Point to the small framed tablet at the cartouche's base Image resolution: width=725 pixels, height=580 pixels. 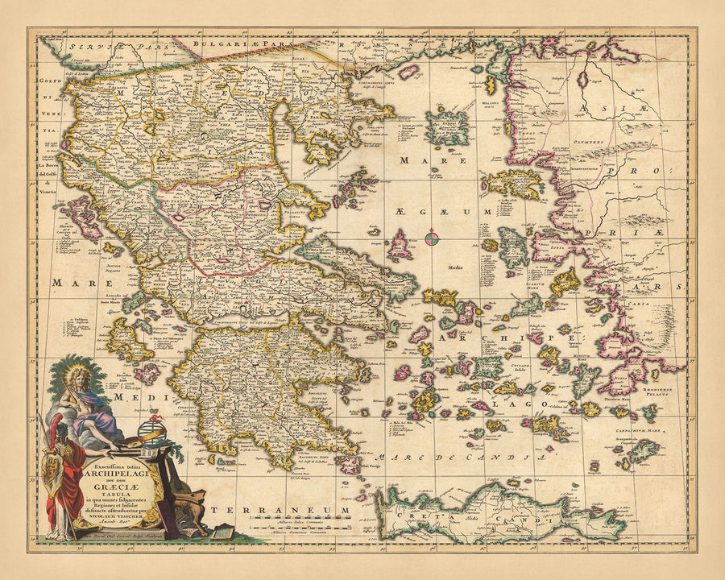pos(222,532)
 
